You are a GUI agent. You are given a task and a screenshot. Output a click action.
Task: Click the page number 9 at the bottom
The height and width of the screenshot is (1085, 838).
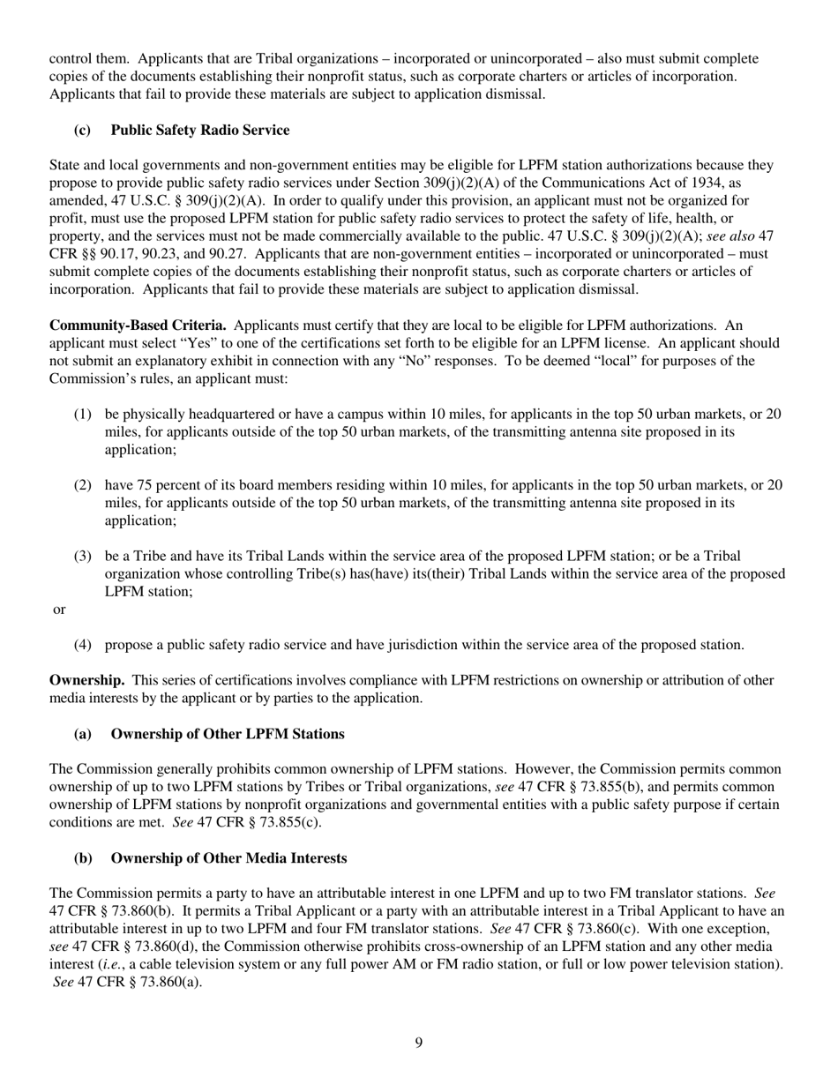(x=419, y=1044)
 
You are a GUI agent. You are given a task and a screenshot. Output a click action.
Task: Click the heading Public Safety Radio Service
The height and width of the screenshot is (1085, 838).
(x=199, y=130)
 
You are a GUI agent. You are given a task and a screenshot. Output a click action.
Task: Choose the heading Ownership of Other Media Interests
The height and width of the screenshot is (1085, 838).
(x=228, y=857)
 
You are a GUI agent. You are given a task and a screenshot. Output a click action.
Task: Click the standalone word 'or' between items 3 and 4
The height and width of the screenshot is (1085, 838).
(x=60, y=610)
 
